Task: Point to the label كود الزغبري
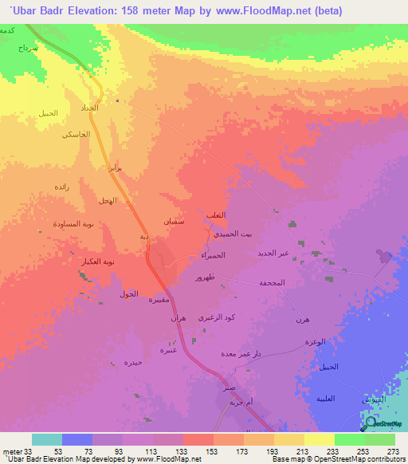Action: [217, 319]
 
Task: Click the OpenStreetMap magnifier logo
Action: [371, 422]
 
